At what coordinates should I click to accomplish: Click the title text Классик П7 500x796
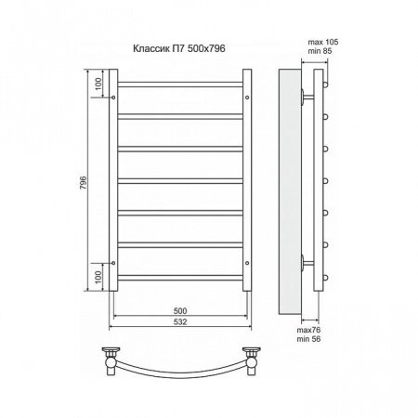pyautogui.click(x=179, y=48)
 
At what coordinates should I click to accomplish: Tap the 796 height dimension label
pyautogui.click(x=84, y=183)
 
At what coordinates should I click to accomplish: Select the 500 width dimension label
pyautogui.click(x=180, y=311)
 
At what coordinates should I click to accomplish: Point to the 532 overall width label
pyautogui.click(x=180, y=322)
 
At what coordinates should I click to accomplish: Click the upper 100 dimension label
pyautogui.click(x=98, y=84)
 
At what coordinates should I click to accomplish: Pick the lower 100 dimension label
pyautogui.click(x=98, y=277)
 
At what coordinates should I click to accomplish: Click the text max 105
pyautogui.click(x=323, y=42)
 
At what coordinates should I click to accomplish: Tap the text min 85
pyautogui.click(x=320, y=51)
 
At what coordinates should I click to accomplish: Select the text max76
pyautogui.click(x=308, y=330)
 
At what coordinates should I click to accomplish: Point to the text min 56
pyautogui.click(x=308, y=339)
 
